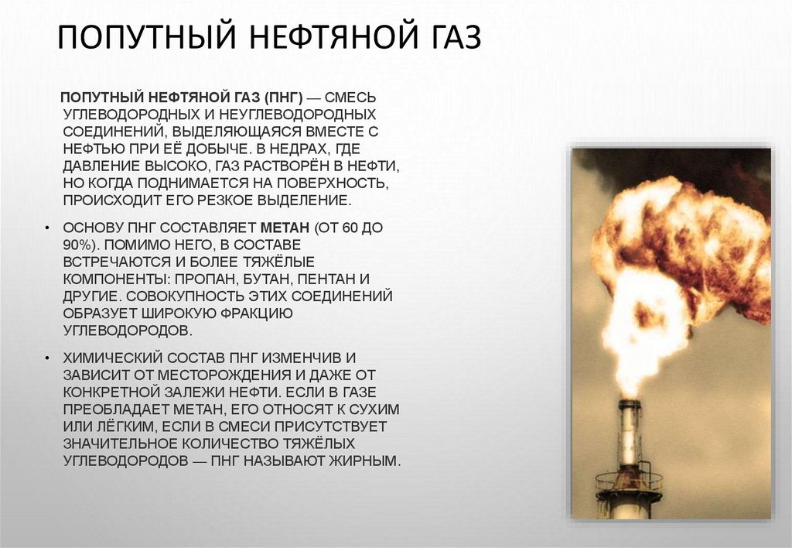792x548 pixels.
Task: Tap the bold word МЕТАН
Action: click(x=285, y=229)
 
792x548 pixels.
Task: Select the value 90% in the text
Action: click(x=79, y=246)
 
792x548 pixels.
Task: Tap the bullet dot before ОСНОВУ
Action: click(x=47, y=230)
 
